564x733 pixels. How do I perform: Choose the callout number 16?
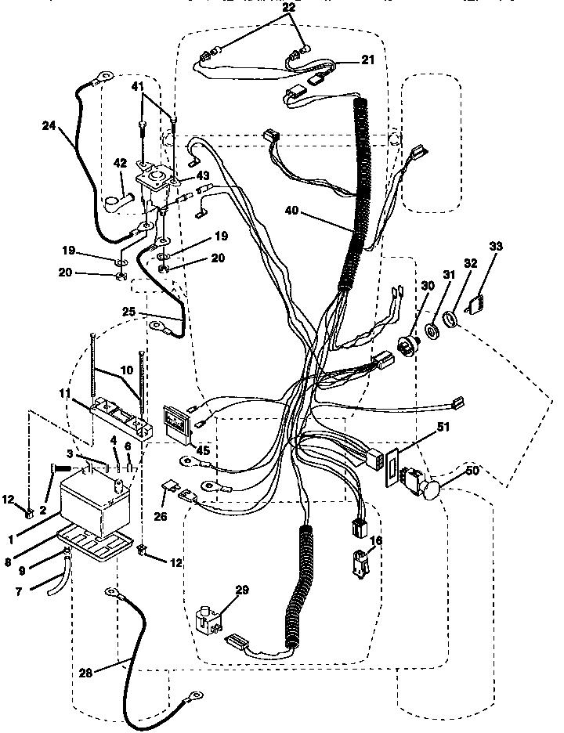click(x=376, y=541)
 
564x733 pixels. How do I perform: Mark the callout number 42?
click(x=119, y=163)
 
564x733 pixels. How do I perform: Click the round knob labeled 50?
click(x=429, y=490)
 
